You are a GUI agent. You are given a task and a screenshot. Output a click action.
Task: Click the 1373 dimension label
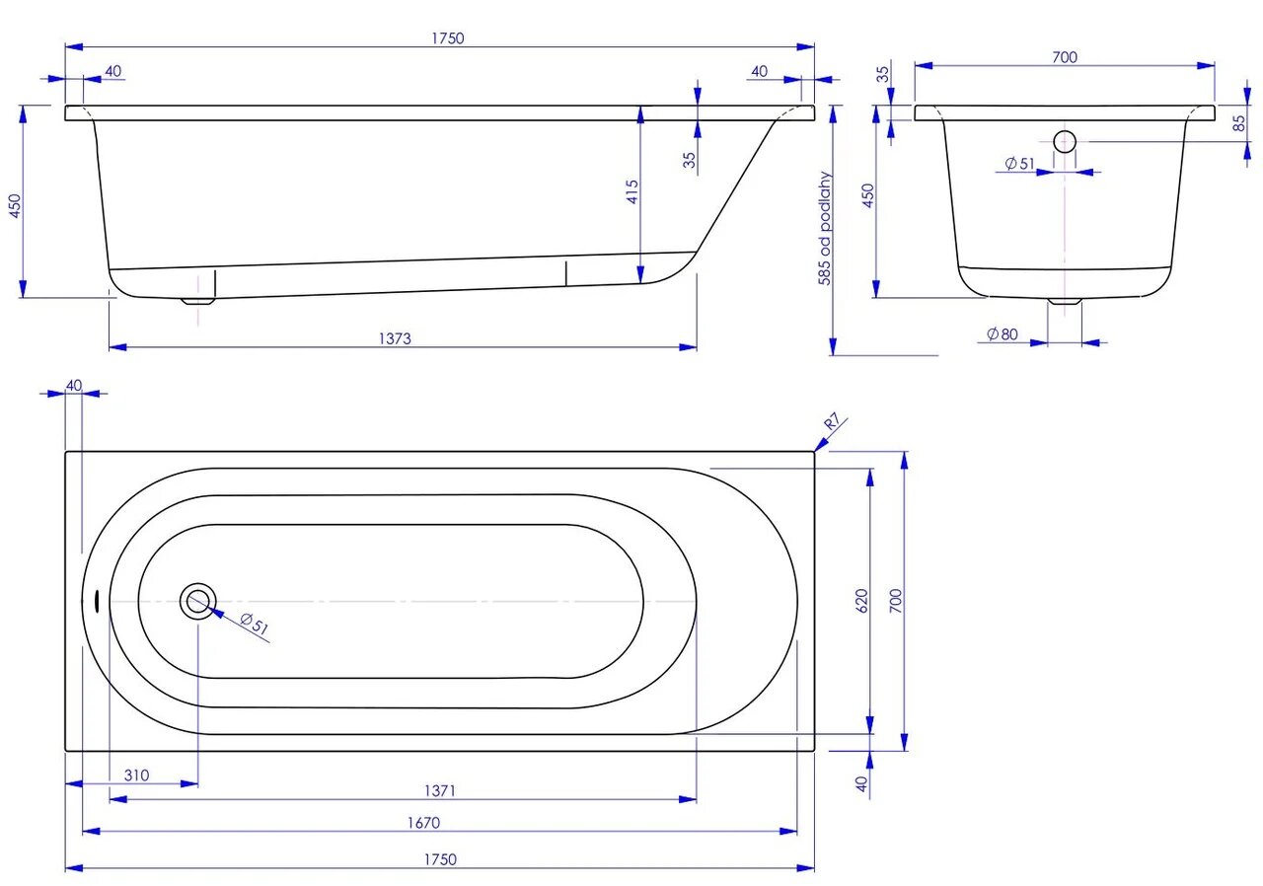[x=394, y=337]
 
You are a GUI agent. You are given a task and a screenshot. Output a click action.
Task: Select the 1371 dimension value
[x=440, y=790]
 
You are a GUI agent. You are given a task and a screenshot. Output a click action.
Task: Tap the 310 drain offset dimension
[x=136, y=775]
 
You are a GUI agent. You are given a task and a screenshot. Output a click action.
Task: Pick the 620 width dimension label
[x=860, y=603]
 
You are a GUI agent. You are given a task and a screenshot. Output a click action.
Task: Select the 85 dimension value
[x=1238, y=122]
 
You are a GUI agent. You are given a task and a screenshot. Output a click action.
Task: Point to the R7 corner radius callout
[x=833, y=425]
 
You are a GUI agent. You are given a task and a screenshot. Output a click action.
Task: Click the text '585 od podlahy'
[x=825, y=229]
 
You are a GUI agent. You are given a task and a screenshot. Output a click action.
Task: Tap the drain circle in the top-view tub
[x=198, y=600]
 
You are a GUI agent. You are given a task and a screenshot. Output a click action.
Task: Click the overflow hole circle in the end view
[x=1065, y=141]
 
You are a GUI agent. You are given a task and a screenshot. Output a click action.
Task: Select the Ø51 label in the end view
[x=1018, y=164]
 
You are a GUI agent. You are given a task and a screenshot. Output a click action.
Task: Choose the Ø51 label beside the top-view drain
[x=255, y=624]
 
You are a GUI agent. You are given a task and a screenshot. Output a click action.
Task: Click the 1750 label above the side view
[x=447, y=38]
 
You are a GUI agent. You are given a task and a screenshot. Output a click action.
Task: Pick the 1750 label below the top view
[x=441, y=859]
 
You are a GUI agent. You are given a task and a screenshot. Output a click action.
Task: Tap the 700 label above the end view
[x=1064, y=57]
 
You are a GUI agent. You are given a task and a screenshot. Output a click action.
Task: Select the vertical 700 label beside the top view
[x=895, y=601]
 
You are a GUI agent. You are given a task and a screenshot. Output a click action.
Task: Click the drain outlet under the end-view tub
[x=1064, y=302]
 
